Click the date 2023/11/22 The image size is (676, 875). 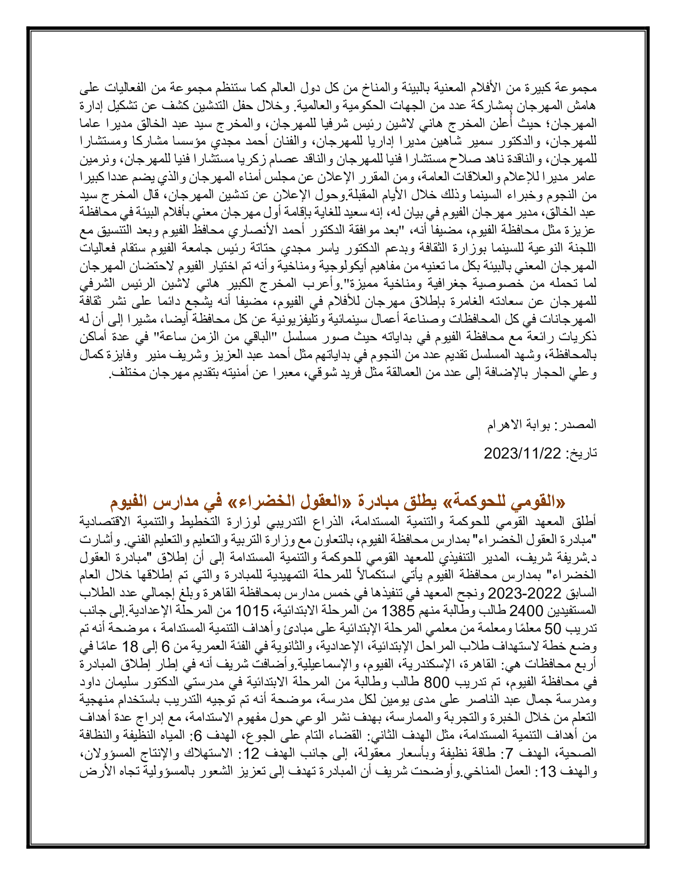pyautogui.click(x=522, y=453)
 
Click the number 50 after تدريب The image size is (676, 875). pyautogui.click(x=561, y=629)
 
